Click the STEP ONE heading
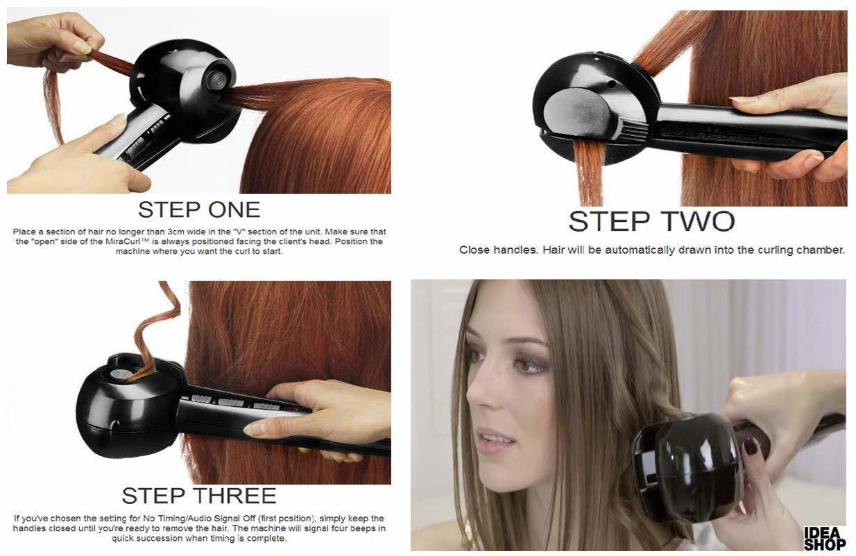pyautogui.click(x=199, y=209)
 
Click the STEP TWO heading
pyautogui.click(x=651, y=221)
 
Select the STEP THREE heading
pyautogui.click(x=199, y=495)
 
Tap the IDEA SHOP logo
pyautogui.click(x=824, y=538)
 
